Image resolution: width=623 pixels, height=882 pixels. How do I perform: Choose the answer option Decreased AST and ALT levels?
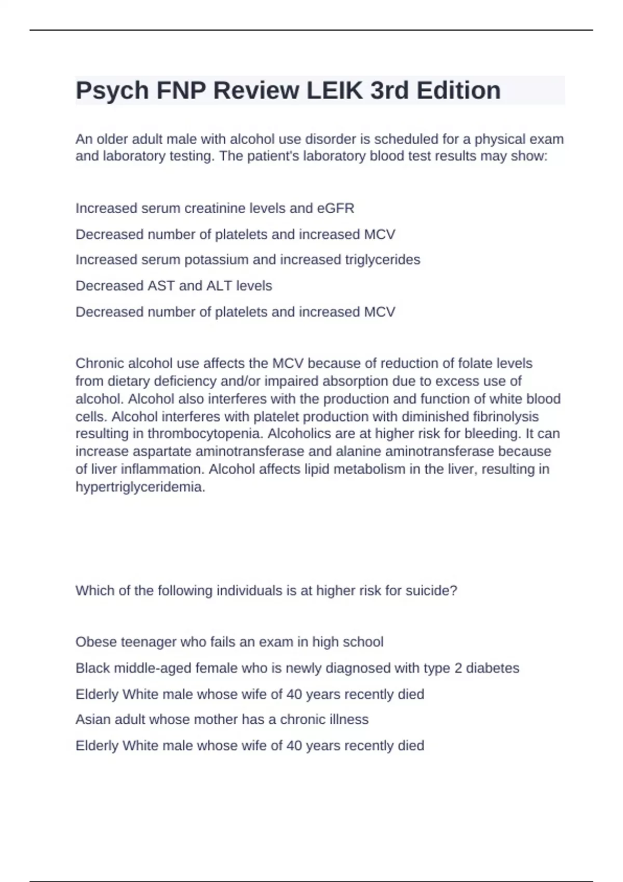click(x=173, y=285)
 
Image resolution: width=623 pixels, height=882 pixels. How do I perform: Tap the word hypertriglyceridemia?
click(x=140, y=487)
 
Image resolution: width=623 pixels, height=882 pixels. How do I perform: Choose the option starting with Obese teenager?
click(x=229, y=642)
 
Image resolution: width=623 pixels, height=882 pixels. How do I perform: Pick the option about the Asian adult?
click(x=222, y=719)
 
